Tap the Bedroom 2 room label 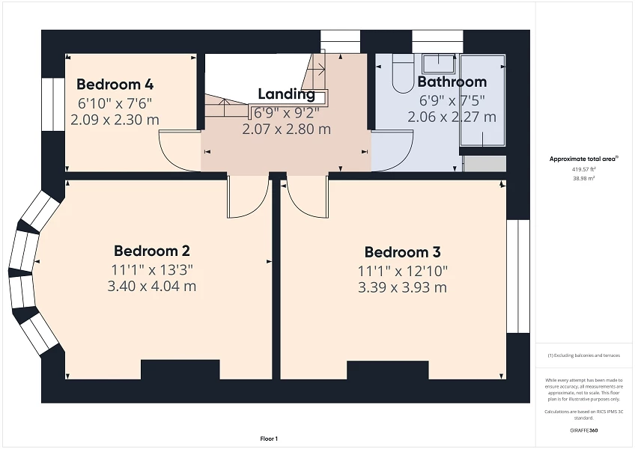[x=151, y=251]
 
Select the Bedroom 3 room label [x=402, y=252]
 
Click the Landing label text [x=286, y=94]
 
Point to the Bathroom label [x=452, y=82]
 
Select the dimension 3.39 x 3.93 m [x=402, y=288]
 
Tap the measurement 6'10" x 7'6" [x=115, y=103]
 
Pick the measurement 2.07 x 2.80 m [x=286, y=129]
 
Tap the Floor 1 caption [x=269, y=439]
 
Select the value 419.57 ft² [x=583, y=170]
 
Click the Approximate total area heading [x=583, y=159]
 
